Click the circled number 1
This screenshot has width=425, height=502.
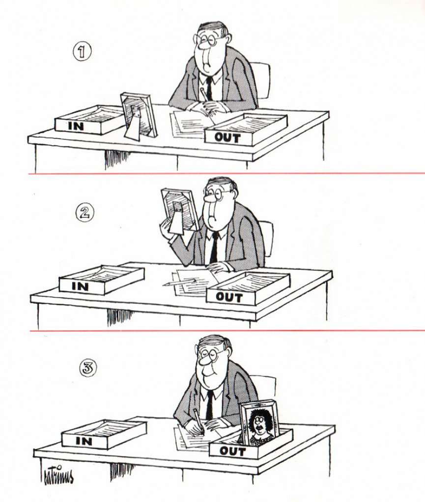click(x=82, y=51)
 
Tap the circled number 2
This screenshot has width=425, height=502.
click(x=85, y=213)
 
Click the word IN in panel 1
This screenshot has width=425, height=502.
click(x=76, y=126)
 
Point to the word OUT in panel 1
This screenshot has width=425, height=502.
click(x=227, y=138)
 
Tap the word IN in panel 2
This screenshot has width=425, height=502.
click(x=80, y=286)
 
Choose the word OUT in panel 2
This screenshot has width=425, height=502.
click(x=229, y=297)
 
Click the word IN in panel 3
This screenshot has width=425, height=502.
click(x=84, y=441)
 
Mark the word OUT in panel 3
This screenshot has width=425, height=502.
click(x=233, y=451)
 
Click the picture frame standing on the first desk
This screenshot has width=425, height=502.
click(x=139, y=116)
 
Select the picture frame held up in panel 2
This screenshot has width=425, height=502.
click(x=179, y=210)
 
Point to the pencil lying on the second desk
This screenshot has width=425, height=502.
click(x=179, y=282)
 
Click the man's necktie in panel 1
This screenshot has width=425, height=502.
click(x=209, y=88)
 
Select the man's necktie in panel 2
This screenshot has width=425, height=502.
click(x=214, y=247)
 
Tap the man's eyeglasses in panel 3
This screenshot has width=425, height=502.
click(x=210, y=354)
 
